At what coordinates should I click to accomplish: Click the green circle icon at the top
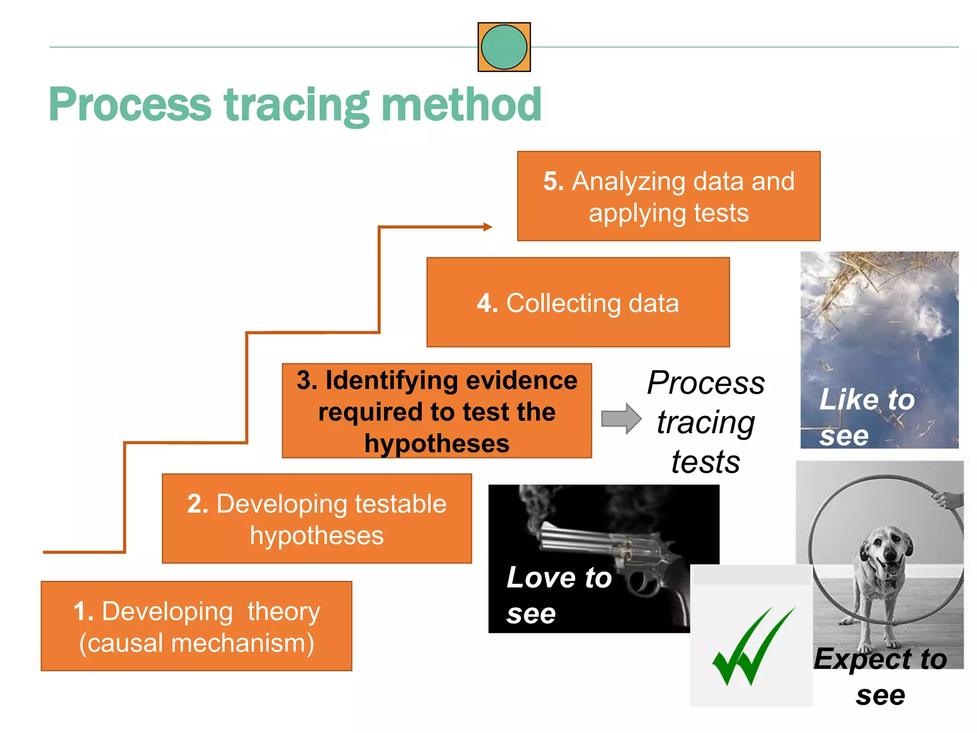pyautogui.click(x=504, y=47)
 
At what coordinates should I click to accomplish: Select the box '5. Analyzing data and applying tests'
pyautogui.click(x=668, y=196)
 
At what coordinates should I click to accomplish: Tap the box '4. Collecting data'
pyautogui.click(x=578, y=302)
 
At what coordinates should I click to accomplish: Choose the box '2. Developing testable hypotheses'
pyautogui.click(x=317, y=519)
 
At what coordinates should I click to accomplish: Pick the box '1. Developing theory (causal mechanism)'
pyautogui.click(x=196, y=626)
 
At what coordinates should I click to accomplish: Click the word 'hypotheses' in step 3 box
pyautogui.click(x=437, y=443)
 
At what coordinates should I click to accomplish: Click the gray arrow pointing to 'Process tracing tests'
pyautogui.click(x=621, y=419)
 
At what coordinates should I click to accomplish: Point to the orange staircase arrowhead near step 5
pyautogui.click(x=487, y=227)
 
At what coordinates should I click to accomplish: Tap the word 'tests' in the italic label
pyautogui.click(x=706, y=462)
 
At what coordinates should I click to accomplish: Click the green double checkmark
pyautogui.click(x=753, y=647)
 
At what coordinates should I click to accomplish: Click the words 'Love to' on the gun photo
pyautogui.click(x=559, y=577)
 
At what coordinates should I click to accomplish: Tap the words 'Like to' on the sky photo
pyautogui.click(x=867, y=399)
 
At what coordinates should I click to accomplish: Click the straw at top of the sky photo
pyautogui.click(x=859, y=272)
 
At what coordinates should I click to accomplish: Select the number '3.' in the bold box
pyautogui.click(x=307, y=380)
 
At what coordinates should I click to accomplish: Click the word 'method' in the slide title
pyautogui.click(x=461, y=105)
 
